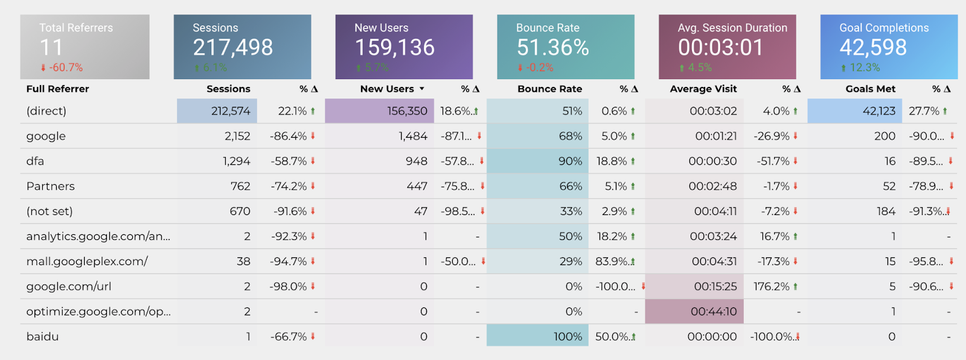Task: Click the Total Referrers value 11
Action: pyautogui.click(x=51, y=47)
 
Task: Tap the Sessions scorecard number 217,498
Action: pyautogui.click(x=232, y=47)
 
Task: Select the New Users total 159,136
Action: pyautogui.click(x=394, y=47)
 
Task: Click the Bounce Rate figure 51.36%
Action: pyautogui.click(x=552, y=47)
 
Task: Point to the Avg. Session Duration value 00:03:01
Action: pyautogui.click(x=720, y=47)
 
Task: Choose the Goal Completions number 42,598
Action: pyautogui.click(x=873, y=47)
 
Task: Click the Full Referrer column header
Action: pyautogui.click(x=57, y=89)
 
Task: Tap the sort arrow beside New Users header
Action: pyautogui.click(x=422, y=89)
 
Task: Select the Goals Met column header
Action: pyautogui.click(x=870, y=89)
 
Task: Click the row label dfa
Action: pyautogui.click(x=35, y=161)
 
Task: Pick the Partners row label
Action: pyautogui.click(x=51, y=186)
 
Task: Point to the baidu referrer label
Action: pyautogui.click(x=42, y=336)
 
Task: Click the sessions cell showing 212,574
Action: pyautogui.click(x=231, y=111)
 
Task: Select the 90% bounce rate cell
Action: pyautogui.click(x=570, y=161)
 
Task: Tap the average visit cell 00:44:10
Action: pyautogui.click(x=714, y=312)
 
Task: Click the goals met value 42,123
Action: pyautogui.click(x=878, y=111)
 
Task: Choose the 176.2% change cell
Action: pyautogui.click(x=771, y=286)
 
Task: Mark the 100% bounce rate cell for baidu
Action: pyautogui.click(x=568, y=336)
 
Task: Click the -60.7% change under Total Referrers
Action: pyautogui.click(x=66, y=68)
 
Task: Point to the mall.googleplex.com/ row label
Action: pyautogui.click(x=87, y=262)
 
